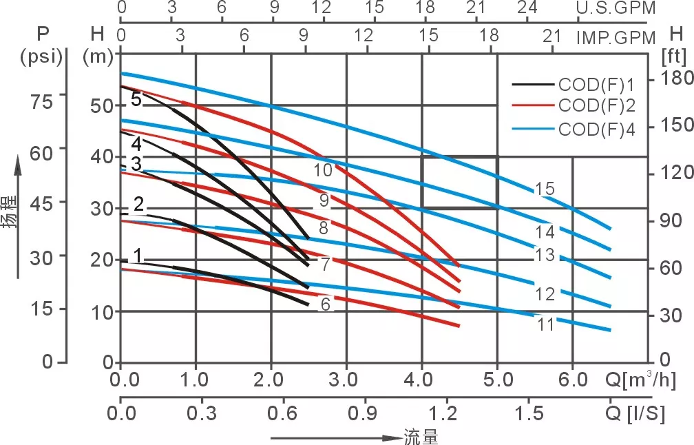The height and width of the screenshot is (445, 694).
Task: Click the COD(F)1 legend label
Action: tap(596, 85)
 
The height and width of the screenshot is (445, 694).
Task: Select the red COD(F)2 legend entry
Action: tap(596, 106)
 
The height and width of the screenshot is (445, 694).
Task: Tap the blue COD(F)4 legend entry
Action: tap(596, 129)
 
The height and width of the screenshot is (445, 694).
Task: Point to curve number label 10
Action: tap(323, 170)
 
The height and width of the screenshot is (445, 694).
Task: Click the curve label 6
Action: tap(326, 303)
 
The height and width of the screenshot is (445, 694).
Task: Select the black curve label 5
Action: tap(136, 99)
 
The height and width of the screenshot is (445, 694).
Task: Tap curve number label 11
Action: tap(546, 324)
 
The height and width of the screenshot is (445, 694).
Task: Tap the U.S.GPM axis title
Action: tap(616, 8)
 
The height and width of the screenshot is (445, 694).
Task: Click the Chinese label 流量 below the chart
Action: tap(421, 437)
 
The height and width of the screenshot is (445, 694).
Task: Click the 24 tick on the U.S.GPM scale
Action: tap(527, 8)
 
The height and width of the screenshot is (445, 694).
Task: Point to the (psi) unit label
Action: tap(42, 56)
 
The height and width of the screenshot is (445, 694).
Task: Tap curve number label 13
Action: tap(545, 255)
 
